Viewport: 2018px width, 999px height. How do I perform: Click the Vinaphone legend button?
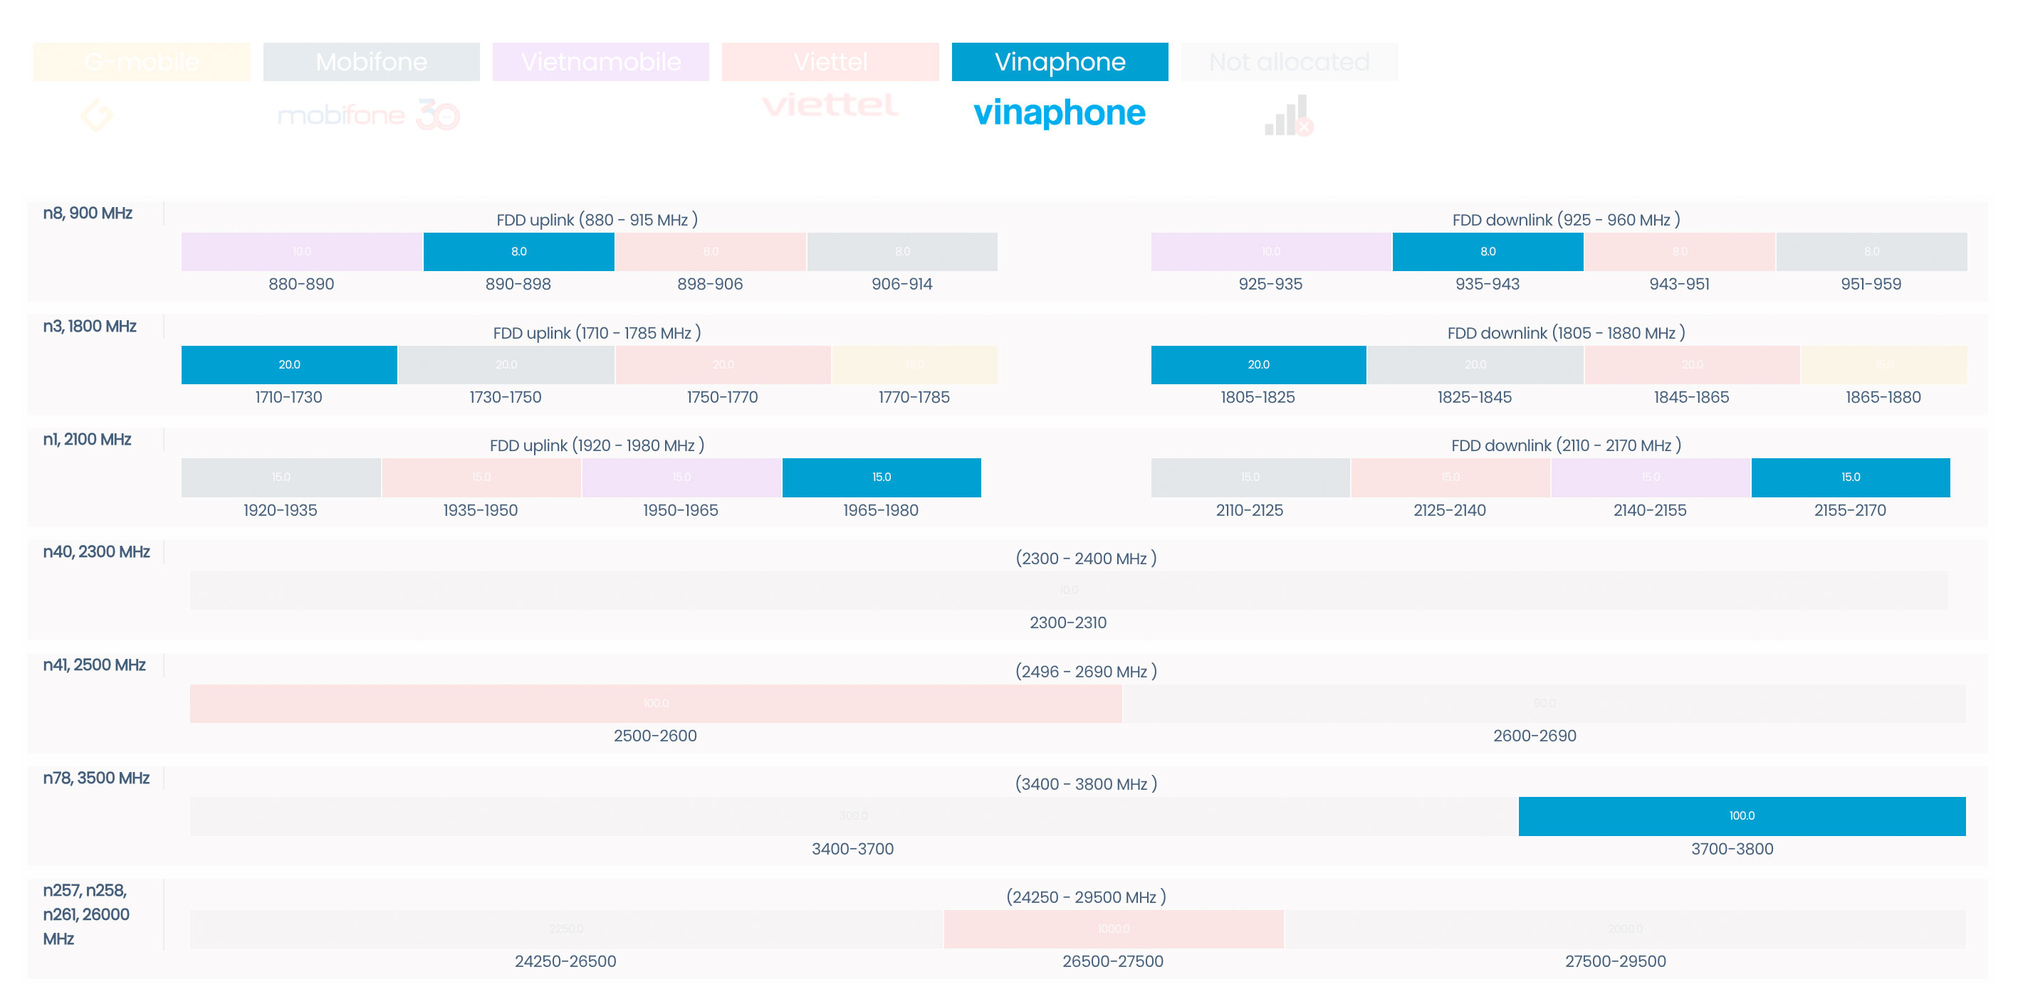1059,62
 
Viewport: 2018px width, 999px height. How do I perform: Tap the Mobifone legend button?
371,62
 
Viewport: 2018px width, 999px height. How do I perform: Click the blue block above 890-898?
518,251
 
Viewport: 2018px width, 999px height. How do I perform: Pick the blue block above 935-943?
1488,251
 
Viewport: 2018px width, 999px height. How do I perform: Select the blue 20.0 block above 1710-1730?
289,365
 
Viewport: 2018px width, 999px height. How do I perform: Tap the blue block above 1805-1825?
1258,365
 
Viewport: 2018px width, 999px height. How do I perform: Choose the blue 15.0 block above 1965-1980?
882,477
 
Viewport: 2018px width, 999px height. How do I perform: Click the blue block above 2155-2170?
1851,477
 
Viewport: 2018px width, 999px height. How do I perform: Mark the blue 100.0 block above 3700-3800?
1742,816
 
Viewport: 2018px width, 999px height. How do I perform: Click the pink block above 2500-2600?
656,703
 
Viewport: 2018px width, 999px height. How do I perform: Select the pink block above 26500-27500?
1113,929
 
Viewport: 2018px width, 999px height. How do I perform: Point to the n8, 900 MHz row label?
88,213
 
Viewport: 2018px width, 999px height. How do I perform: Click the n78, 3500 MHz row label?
96,778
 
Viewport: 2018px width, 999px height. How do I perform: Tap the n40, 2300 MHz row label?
96,552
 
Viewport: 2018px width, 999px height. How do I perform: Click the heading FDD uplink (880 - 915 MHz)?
597,220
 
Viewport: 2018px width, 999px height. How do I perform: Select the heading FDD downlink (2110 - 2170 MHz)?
1566,445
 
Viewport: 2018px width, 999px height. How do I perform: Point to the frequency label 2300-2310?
1068,623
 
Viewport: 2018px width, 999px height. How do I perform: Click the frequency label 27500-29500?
1616,961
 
